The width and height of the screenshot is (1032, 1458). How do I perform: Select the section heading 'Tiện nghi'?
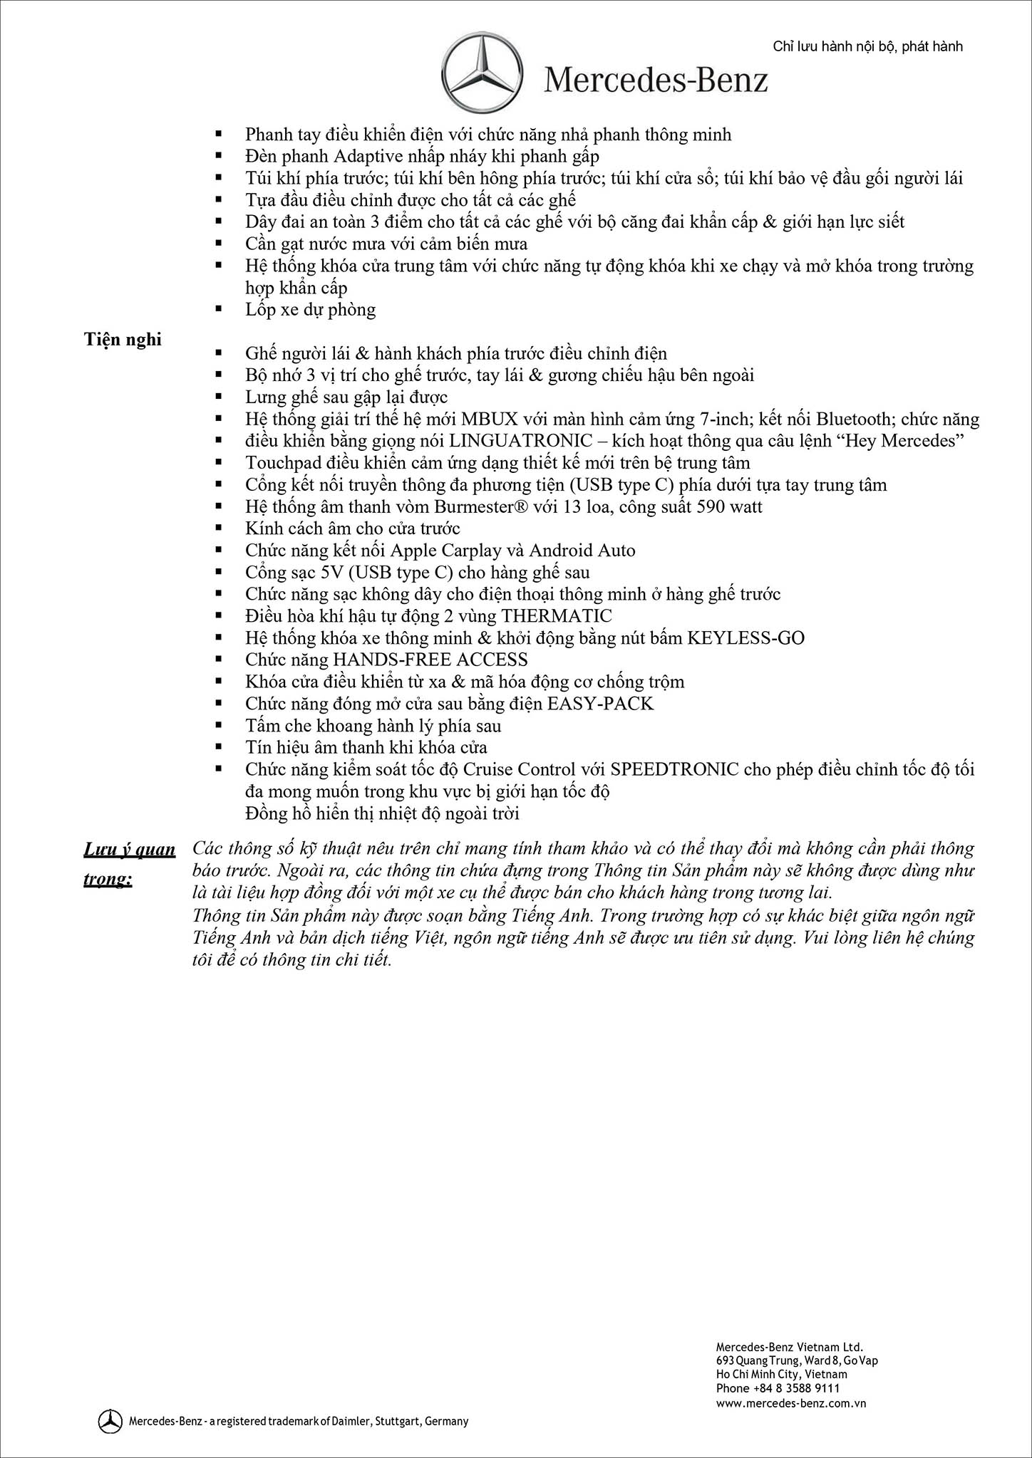click(123, 340)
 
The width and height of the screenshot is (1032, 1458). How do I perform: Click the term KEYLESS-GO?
click(745, 638)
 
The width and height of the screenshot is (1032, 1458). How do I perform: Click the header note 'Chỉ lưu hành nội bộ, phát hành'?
click(867, 46)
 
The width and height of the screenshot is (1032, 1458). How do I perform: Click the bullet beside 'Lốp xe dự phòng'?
click(219, 309)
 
